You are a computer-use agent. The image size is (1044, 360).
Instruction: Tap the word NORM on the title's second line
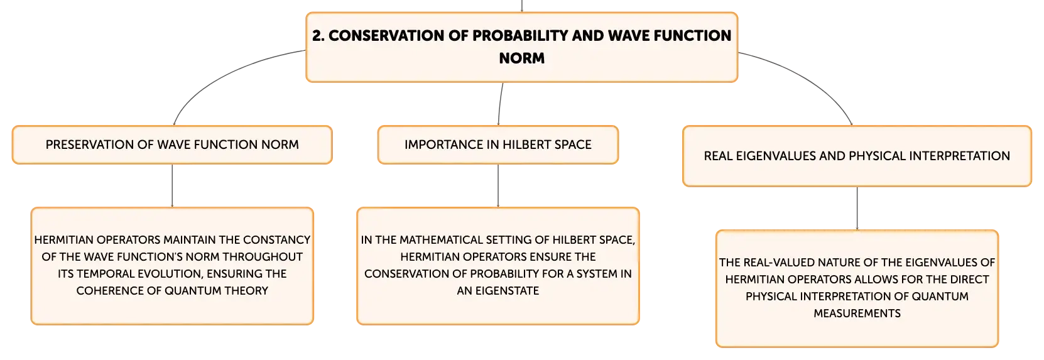521,58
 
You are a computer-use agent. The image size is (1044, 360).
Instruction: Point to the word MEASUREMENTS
857,314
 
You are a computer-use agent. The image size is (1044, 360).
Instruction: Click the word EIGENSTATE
507,291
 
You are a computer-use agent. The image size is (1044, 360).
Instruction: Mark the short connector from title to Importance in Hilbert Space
500,104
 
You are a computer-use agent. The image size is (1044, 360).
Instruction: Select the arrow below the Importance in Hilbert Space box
498,185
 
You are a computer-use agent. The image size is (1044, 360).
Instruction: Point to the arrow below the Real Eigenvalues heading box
857,209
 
